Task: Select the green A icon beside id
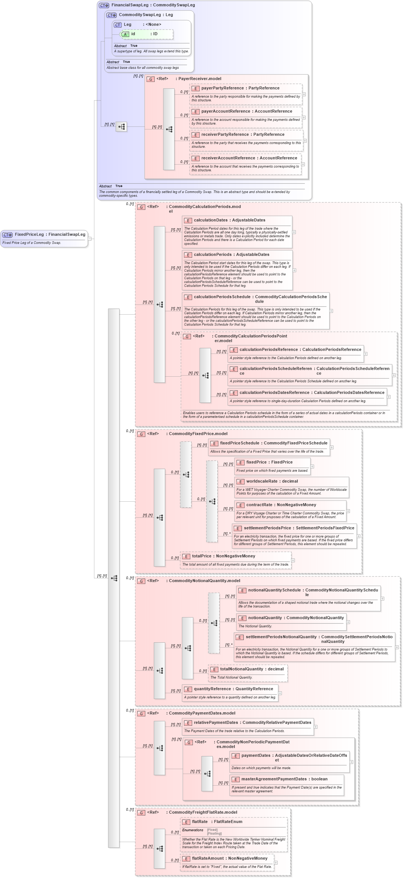pos(125,34)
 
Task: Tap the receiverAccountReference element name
pos(228,158)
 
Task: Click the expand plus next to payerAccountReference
pos(304,117)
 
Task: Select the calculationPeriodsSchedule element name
pos(222,297)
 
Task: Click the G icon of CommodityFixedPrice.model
pos(141,434)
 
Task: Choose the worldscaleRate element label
pos(261,481)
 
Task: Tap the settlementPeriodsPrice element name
pos(267,528)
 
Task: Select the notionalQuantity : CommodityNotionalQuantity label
pos(296,618)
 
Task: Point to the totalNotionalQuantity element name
pos(242,669)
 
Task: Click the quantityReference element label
pos(212,689)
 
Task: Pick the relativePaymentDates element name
pos(216,723)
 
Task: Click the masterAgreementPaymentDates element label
pos(274,779)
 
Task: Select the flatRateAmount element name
pos(207,859)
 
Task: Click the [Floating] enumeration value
pos(214,833)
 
